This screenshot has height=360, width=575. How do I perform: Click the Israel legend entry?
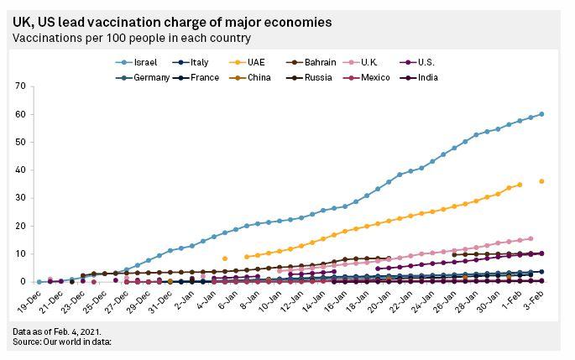point(139,62)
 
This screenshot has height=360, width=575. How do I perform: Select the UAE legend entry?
point(261,62)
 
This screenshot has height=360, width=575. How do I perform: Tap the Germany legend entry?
point(151,77)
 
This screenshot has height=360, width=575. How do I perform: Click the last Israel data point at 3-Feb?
point(541,114)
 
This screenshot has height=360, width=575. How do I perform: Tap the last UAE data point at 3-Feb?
point(541,181)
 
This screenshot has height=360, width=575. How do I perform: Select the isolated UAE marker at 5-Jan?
point(225,258)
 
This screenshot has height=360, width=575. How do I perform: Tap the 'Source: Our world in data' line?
point(62,342)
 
